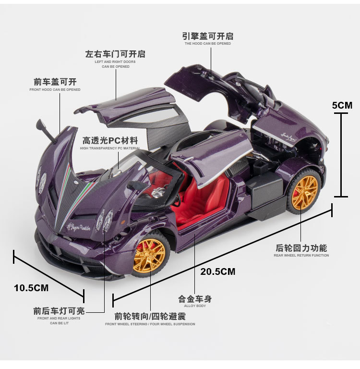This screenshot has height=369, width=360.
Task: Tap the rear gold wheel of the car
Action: pyautogui.click(x=305, y=192)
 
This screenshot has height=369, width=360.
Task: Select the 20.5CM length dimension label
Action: pyautogui.click(x=218, y=271)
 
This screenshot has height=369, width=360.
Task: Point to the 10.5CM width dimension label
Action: pyautogui.click(x=31, y=288)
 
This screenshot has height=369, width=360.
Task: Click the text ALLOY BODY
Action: pyautogui.click(x=195, y=306)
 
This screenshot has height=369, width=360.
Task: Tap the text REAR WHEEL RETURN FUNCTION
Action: pyautogui.click(x=301, y=256)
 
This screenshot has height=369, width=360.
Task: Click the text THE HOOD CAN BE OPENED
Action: pyautogui.click(x=208, y=44)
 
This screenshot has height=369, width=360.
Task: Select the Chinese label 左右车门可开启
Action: pyautogui.click(x=115, y=54)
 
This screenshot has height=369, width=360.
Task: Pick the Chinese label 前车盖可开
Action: pyautogui.click(x=55, y=82)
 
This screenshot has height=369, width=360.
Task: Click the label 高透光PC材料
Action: pyautogui.click(x=110, y=141)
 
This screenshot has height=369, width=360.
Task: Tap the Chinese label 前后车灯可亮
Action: pyautogui.click(x=59, y=311)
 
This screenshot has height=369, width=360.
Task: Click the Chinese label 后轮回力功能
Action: pyautogui.click(x=301, y=248)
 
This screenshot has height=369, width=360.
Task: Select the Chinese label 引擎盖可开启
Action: pyautogui.click(x=208, y=36)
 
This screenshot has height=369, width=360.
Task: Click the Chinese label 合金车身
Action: pyautogui.click(x=195, y=299)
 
